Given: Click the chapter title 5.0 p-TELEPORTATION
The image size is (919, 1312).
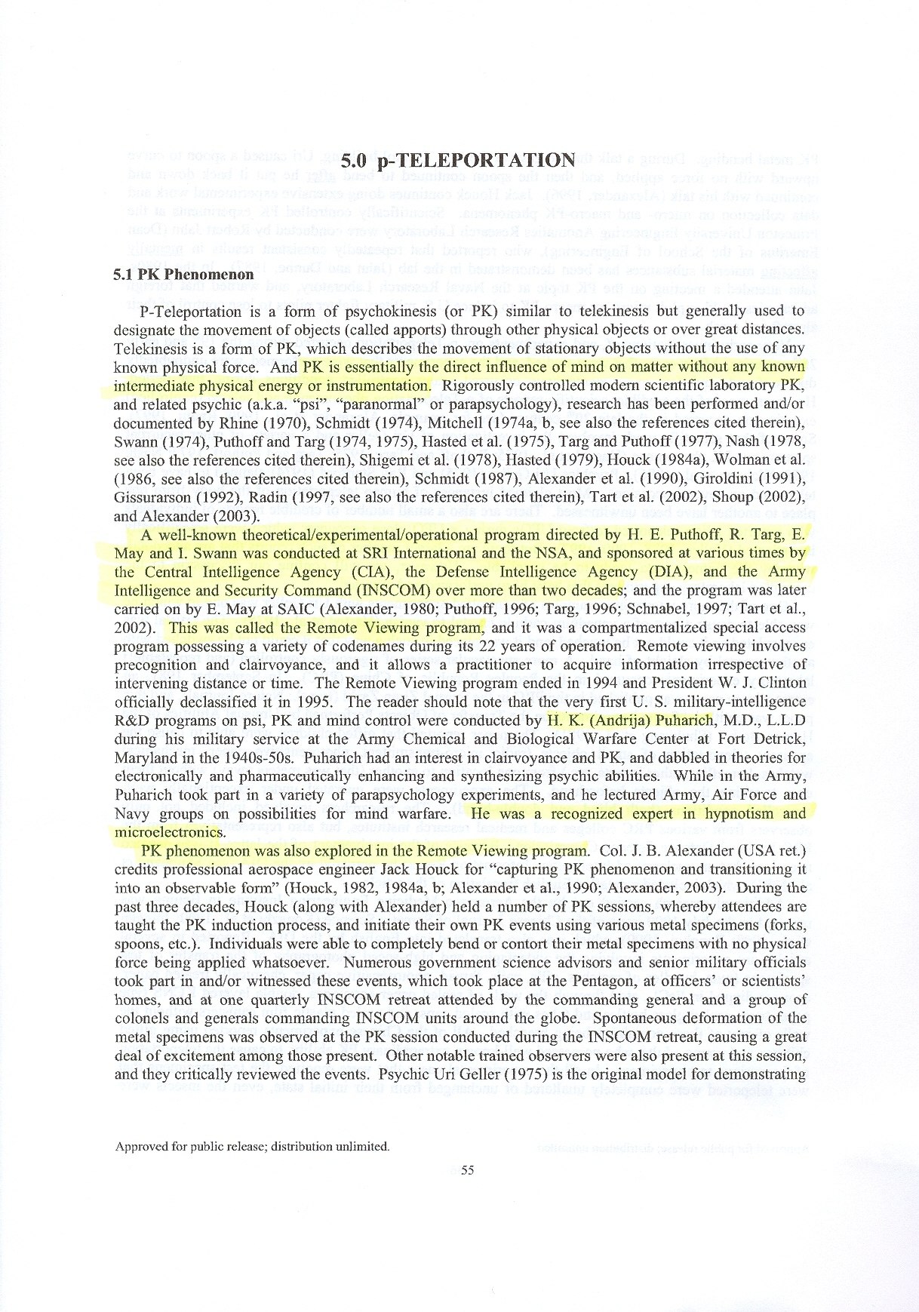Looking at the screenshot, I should (458, 160).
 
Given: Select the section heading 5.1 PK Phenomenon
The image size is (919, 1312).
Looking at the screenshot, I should (183, 274).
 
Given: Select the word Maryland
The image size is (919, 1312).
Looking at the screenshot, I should (144, 757).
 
